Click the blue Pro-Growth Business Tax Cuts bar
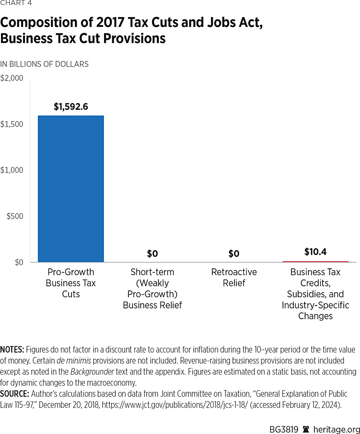(x=71, y=189)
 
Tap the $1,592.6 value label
(x=71, y=106)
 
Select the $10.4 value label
(x=315, y=253)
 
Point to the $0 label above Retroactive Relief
(x=234, y=254)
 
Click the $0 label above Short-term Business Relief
(x=153, y=254)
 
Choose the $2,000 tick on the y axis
(x=12, y=78)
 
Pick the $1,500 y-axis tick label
(x=12, y=125)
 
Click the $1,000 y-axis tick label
(x=12, y=170)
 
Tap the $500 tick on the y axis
(x=15, y=216)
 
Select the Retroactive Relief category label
(x=234, y=278)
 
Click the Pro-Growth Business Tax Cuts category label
(x=71, y=283)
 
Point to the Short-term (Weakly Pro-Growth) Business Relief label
(x=153, y=289)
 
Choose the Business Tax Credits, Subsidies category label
(x=315, y=294)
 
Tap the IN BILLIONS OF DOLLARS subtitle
(x=44, y=64)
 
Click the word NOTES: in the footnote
(x=12, y=350)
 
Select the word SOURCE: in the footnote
(x=13, y=394)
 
